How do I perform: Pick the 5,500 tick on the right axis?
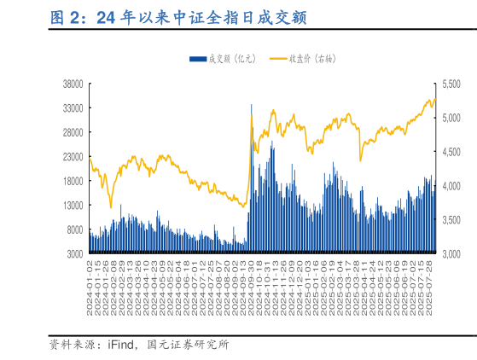(x=450, y=84)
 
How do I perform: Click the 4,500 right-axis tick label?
(x=450, y=152)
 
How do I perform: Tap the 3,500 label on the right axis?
(x=450, y=220)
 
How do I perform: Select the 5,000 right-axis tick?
(x=450, y=118)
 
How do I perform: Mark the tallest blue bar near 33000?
(x=251, y=107)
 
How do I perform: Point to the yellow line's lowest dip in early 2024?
(x=110, y=206)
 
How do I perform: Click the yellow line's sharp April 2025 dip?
(x=360, y=160)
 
